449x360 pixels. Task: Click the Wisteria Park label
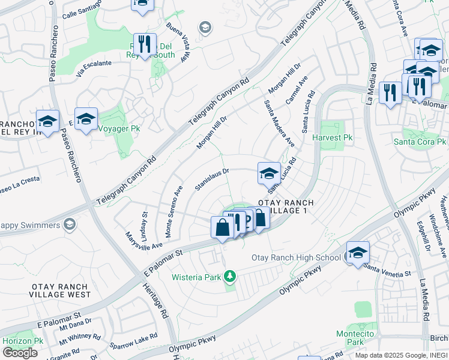pos(196,277)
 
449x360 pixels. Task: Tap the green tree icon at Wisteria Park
pos(229,277)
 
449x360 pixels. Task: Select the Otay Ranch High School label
pos(296,258)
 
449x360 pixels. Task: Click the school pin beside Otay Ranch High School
pos(358,253)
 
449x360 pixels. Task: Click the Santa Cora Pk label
pos(420,142)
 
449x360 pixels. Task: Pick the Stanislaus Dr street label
pos(212,179)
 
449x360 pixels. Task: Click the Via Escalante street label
pos(94,70)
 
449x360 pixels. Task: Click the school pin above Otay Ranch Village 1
pos(269,173)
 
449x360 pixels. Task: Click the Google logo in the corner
pos(20,353)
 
